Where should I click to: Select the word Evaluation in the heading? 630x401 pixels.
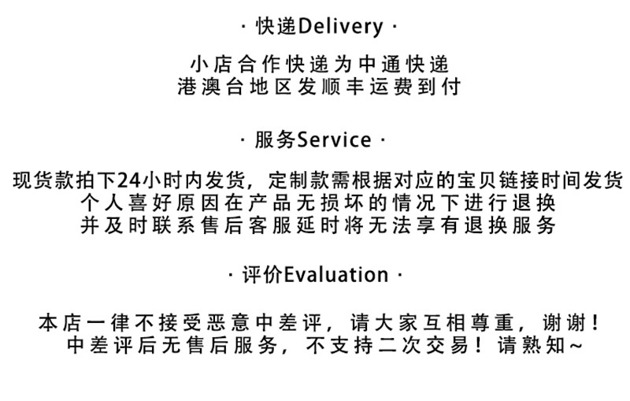coord(336,275)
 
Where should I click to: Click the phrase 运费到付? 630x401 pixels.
coord(414,86)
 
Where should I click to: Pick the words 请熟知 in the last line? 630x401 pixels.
coord(531,345)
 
